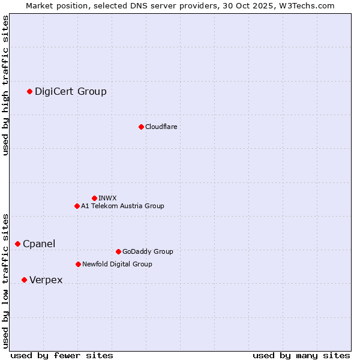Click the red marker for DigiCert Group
(29, 91)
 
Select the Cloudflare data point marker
(141, 127)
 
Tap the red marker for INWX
(94, 198)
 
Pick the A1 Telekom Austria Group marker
(77, 206)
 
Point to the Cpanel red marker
(17, 244)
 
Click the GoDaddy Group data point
(118, 251)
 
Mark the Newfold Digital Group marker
(78, 264)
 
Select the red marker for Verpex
(24, 280)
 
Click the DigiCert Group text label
(71, 91)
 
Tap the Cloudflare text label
(161, 127)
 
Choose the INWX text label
(107, 198)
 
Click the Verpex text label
(46, 280)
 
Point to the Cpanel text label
(39, 244)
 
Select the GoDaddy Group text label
(148, 251)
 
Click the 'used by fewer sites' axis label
(62, 355)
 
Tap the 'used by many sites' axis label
(301, 355)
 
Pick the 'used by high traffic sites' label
(5, 85)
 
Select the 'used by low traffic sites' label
(5, 280)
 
